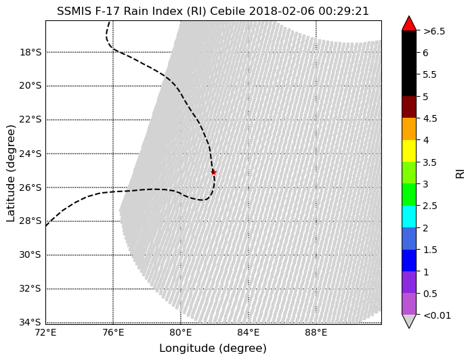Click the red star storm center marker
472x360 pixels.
pyautogui.click(x=213, y=173)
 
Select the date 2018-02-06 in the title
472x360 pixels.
pyautogui.click(x=282, y=11)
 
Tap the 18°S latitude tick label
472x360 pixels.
pyautogui.click(x=30, y=52)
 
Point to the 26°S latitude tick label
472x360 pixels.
pyautogui.click(x=30, y=187)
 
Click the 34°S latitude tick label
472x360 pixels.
pyautogui.click(x=30, y=322)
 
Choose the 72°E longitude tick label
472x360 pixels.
pyautogui.click(x=46, y=333)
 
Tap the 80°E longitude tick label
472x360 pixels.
pyautogui.click(x=181, y=333)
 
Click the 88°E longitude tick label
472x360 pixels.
pyautogui.click(x=316, y=333)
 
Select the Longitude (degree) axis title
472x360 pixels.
pyautogui.click(x=213, y=348)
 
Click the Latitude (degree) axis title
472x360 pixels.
pyautogui.click(x=11, y=173)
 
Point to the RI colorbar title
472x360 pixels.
pyautogui.click(x=460, y=174)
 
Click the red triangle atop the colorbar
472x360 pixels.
pyautogui.click(x=409, y=24)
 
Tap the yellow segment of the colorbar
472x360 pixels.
pyautogui.click(x=409, y=151)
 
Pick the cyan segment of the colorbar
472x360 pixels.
pyautogui.click(x=409, y=217)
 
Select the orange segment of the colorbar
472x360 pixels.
pyautogui.click(x=409, y=129)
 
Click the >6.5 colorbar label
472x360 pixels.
pyautogui.click(x=434, y=31)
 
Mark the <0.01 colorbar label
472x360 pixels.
pyautogui.click(x=437, y=315)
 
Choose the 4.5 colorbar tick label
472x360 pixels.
pyautogui.click(x=430, y=118)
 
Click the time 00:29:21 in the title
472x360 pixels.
pyautogui.click(x=343, y=11)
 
